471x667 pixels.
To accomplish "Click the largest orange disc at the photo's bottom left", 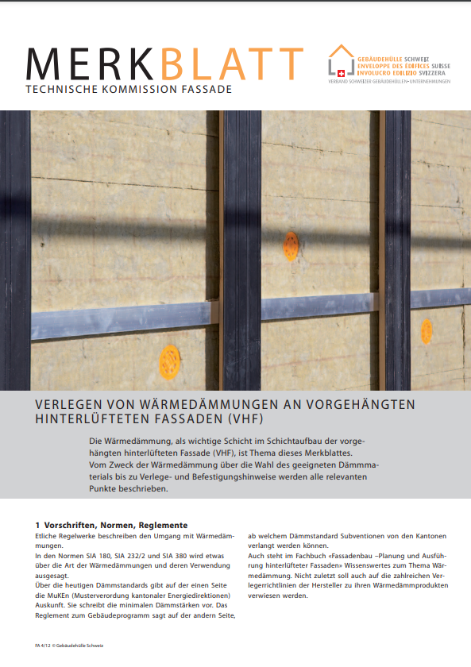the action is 169,362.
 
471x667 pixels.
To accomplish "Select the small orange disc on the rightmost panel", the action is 427,330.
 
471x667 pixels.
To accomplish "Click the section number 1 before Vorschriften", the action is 37,525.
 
